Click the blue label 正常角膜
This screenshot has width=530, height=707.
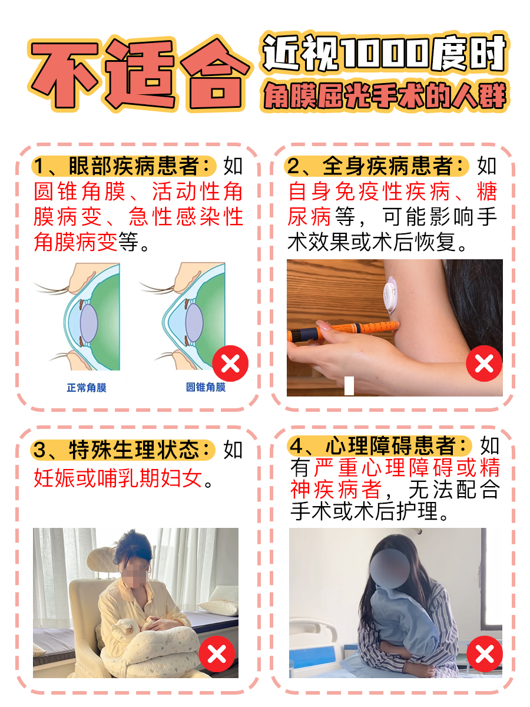[x=87, y=388]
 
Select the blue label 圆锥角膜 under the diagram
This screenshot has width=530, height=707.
[x=206, y=387]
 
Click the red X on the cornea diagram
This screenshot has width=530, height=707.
[x=230, y=364]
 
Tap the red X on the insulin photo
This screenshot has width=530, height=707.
[x=484, y=364]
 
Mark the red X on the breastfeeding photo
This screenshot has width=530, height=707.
[x=217, y=654]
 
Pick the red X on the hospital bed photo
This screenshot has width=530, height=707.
[x=484, y=654]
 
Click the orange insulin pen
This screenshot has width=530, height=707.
[x=342, y=330]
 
